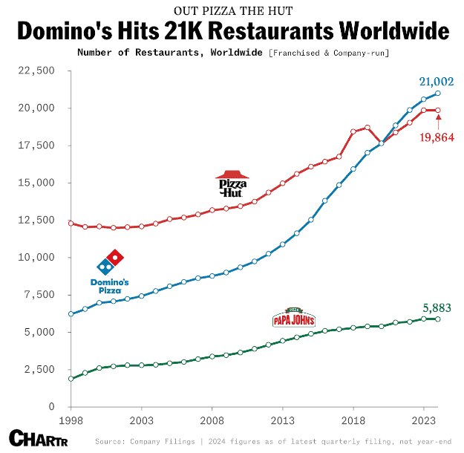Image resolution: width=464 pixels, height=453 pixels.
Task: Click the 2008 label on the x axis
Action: point(212,420)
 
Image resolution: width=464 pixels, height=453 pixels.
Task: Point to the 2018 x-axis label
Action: point(353,420)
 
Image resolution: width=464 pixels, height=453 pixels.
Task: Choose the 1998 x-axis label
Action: point(71,420)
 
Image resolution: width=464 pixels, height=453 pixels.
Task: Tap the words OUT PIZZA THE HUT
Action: point(232,11)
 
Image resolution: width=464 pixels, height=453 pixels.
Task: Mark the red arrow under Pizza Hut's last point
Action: point(438,120)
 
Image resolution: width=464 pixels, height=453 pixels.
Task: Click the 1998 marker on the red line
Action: point(71,223)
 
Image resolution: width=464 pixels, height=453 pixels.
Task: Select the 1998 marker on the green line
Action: point(71,379)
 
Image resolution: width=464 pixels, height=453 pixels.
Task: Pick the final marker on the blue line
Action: point(438,94)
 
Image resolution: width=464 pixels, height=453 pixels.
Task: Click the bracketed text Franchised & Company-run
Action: point(329,53)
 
